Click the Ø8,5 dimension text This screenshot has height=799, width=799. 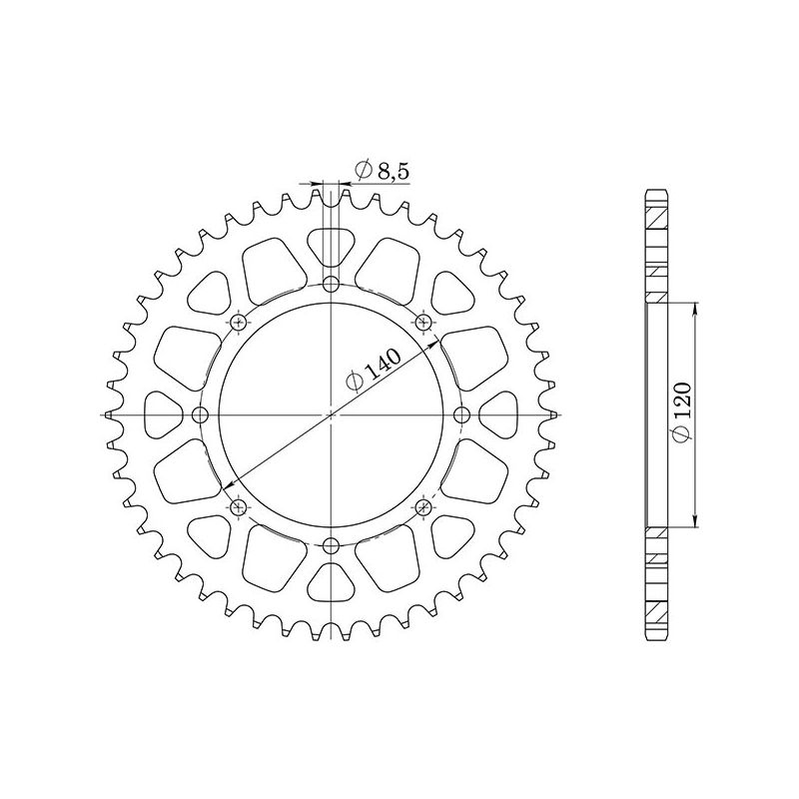(x=381, y=171)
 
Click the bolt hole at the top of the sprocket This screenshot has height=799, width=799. (x=331, y=284)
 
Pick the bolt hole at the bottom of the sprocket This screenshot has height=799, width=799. (x=331, y=544)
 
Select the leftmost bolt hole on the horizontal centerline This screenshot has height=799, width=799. (x=200, y=414)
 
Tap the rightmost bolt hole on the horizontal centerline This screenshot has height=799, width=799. (x=461, y=414)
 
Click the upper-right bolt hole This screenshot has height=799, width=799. (x=423, y=322)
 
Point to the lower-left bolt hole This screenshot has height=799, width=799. (x=238, y=507)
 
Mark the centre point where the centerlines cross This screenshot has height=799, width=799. (x=331, y=414)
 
